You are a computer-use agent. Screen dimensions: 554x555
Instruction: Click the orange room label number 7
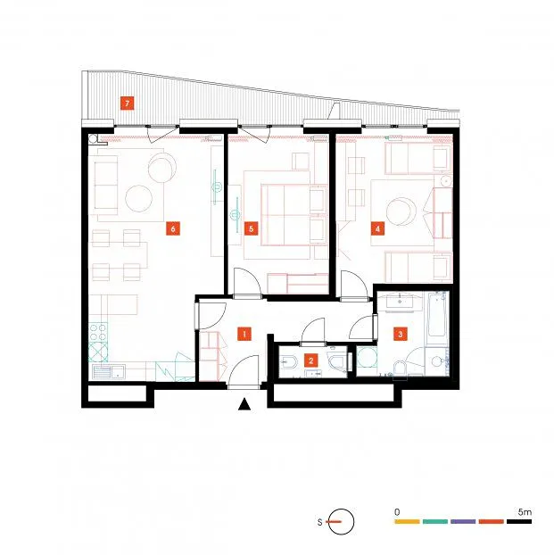point(127,104)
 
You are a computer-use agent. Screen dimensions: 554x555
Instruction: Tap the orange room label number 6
point(173,228)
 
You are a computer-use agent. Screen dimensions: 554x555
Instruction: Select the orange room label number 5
point(251,228)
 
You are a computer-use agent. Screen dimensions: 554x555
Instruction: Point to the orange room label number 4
point(377,228)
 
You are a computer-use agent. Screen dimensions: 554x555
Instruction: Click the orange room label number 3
point(401,334)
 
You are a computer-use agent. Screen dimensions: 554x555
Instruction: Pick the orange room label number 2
point(310,360)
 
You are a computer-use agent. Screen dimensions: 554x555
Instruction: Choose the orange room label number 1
point(244,334)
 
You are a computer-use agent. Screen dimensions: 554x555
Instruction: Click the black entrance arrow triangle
point(244,404)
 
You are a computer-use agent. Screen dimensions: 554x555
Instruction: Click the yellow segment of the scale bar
point(407,521)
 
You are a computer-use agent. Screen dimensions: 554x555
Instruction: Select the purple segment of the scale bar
point(463,521)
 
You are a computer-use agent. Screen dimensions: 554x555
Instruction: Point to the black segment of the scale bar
point(519,521)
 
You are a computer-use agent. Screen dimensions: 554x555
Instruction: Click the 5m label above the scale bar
point(525,512)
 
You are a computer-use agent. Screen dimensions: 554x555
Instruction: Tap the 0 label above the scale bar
point(397,512)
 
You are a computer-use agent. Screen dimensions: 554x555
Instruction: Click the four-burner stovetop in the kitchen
point(98,332)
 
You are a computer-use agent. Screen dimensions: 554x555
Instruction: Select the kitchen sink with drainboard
point(108,372)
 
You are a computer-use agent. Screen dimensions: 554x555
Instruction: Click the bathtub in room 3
point(437,314)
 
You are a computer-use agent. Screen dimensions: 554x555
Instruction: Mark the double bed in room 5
point(294,215)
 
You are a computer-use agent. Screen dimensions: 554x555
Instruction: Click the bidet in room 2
point(287,361)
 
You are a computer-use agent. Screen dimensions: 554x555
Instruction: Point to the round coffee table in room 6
point(139,199)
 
